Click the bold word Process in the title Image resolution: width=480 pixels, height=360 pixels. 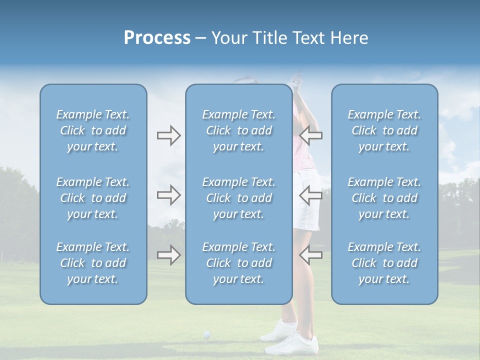tap(157, 38)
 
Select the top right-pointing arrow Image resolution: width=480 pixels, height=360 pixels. tap(168, 135)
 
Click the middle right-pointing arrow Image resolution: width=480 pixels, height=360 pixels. tap(168, 195)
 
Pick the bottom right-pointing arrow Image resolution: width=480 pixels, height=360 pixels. tap(168, 255)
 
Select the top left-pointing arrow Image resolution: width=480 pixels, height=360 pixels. tap(310, 135)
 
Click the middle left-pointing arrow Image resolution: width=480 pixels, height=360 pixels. tap(310, 195)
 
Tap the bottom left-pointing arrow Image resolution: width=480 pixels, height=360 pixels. tap(310, 255)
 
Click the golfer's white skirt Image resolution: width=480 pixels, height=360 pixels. tap(306, 200)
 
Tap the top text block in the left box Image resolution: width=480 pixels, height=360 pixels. tap(93, 130)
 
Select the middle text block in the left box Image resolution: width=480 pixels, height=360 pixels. tap(93, 198)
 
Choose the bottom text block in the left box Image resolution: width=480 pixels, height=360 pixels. tap(93, 263)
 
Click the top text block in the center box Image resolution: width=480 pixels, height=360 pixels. tap(238, 130)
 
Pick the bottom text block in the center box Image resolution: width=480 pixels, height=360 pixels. tap(238, 263)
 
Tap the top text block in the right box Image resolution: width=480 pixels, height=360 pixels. tap(384, 130)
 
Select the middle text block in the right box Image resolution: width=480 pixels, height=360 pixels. tap(384, 198)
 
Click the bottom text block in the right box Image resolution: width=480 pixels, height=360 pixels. tap(384, 263)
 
